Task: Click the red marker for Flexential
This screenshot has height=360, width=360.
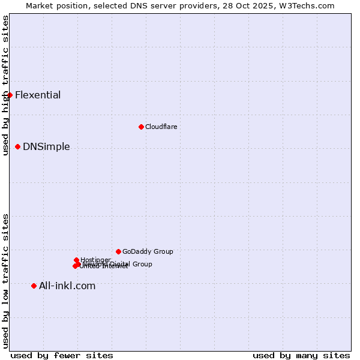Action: (x=10, y=95)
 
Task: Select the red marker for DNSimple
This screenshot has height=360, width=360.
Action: (x=17, y=146)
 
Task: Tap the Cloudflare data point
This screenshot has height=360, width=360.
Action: (x=141, y=127)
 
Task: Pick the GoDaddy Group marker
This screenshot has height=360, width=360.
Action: (x=118, y=251)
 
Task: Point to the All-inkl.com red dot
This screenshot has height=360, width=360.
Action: (x=34, y=286)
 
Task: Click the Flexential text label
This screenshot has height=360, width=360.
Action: (x=38, y=95)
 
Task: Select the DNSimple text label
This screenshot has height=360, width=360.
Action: (x=46, y=147)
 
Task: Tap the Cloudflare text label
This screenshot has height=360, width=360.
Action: (x=161, y=127)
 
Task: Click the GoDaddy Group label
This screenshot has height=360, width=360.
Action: (x=148, y=251)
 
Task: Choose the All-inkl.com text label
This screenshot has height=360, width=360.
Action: (x=67, y=286)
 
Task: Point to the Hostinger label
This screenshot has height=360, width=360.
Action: (x=95, y=260)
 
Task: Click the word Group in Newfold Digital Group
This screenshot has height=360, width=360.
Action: (x=142, y=264)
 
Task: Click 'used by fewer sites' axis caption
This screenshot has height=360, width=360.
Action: (x=62, y=355)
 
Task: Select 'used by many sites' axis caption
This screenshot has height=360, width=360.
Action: (x=301, y=355)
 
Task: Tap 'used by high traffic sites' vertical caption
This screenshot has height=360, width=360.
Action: (x=6, y=85)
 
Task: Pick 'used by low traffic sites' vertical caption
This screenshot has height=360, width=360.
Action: (x=6, y=281)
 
